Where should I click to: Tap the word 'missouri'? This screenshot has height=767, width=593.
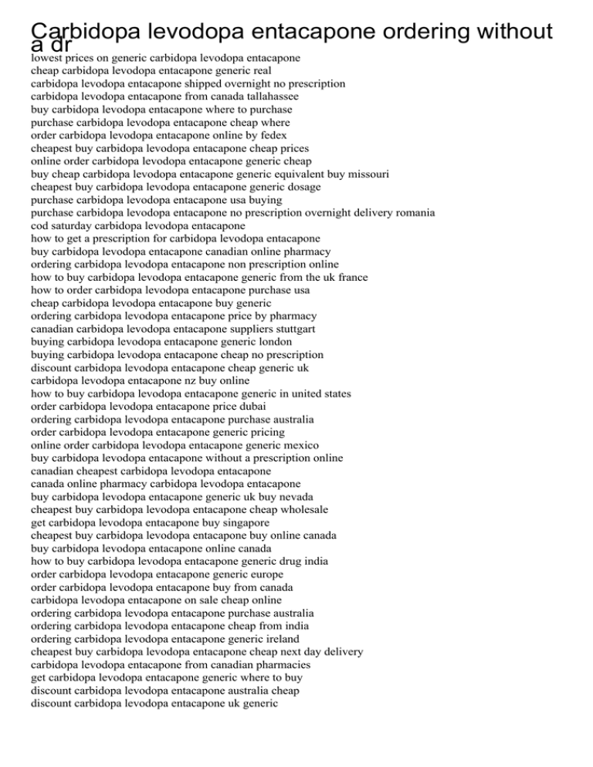[367, 174]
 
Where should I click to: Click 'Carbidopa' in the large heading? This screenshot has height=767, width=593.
[85, 32]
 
